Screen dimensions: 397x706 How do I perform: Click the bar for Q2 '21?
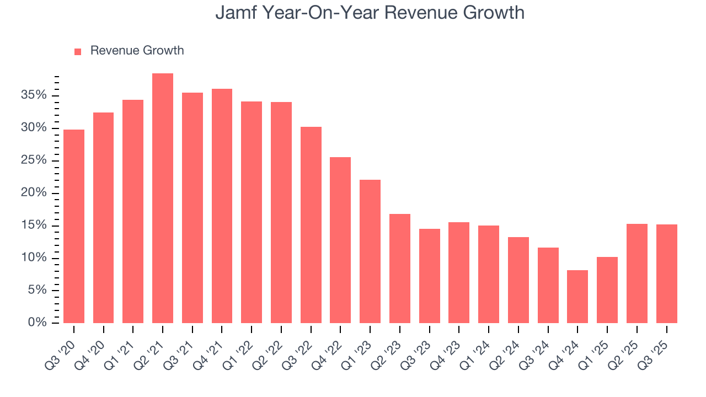click(163, 198)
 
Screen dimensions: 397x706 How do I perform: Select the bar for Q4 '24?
click(577, 297)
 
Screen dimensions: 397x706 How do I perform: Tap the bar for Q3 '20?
click(74, 226)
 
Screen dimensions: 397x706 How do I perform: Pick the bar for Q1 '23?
click(370, 251)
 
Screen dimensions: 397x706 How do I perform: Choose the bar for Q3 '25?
click(666, 273)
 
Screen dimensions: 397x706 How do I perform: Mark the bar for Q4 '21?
click(222, 206)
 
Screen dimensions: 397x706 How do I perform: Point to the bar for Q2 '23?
click(400, 269)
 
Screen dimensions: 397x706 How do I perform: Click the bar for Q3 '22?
click(311, 225)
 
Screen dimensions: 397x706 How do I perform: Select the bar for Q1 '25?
click(607, 290)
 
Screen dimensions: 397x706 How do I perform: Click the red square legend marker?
click(78, 51)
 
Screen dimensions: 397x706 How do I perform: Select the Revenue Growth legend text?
click(137, 51)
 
